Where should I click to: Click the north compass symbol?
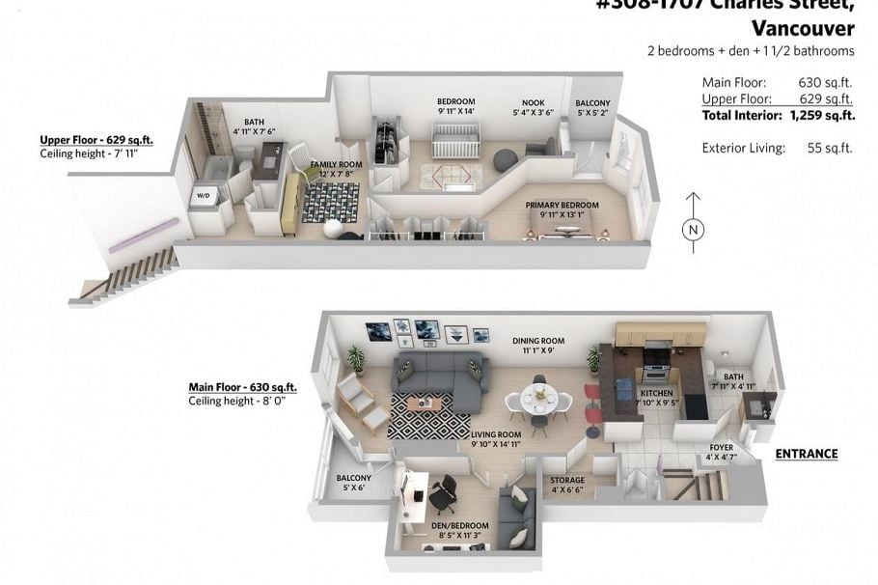point(692,230)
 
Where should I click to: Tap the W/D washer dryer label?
point(205,196)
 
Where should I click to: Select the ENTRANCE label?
point(807,454)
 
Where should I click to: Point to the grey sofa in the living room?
point(437,377)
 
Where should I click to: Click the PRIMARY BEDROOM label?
point(562,206)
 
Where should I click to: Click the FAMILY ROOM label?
point(336,165)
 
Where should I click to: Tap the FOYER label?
point(721,448)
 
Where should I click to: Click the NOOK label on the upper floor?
point(533,102)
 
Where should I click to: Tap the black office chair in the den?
point(442,494)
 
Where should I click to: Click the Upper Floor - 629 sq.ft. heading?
point(96,139)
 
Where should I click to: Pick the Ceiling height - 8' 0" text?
point(237,401)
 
